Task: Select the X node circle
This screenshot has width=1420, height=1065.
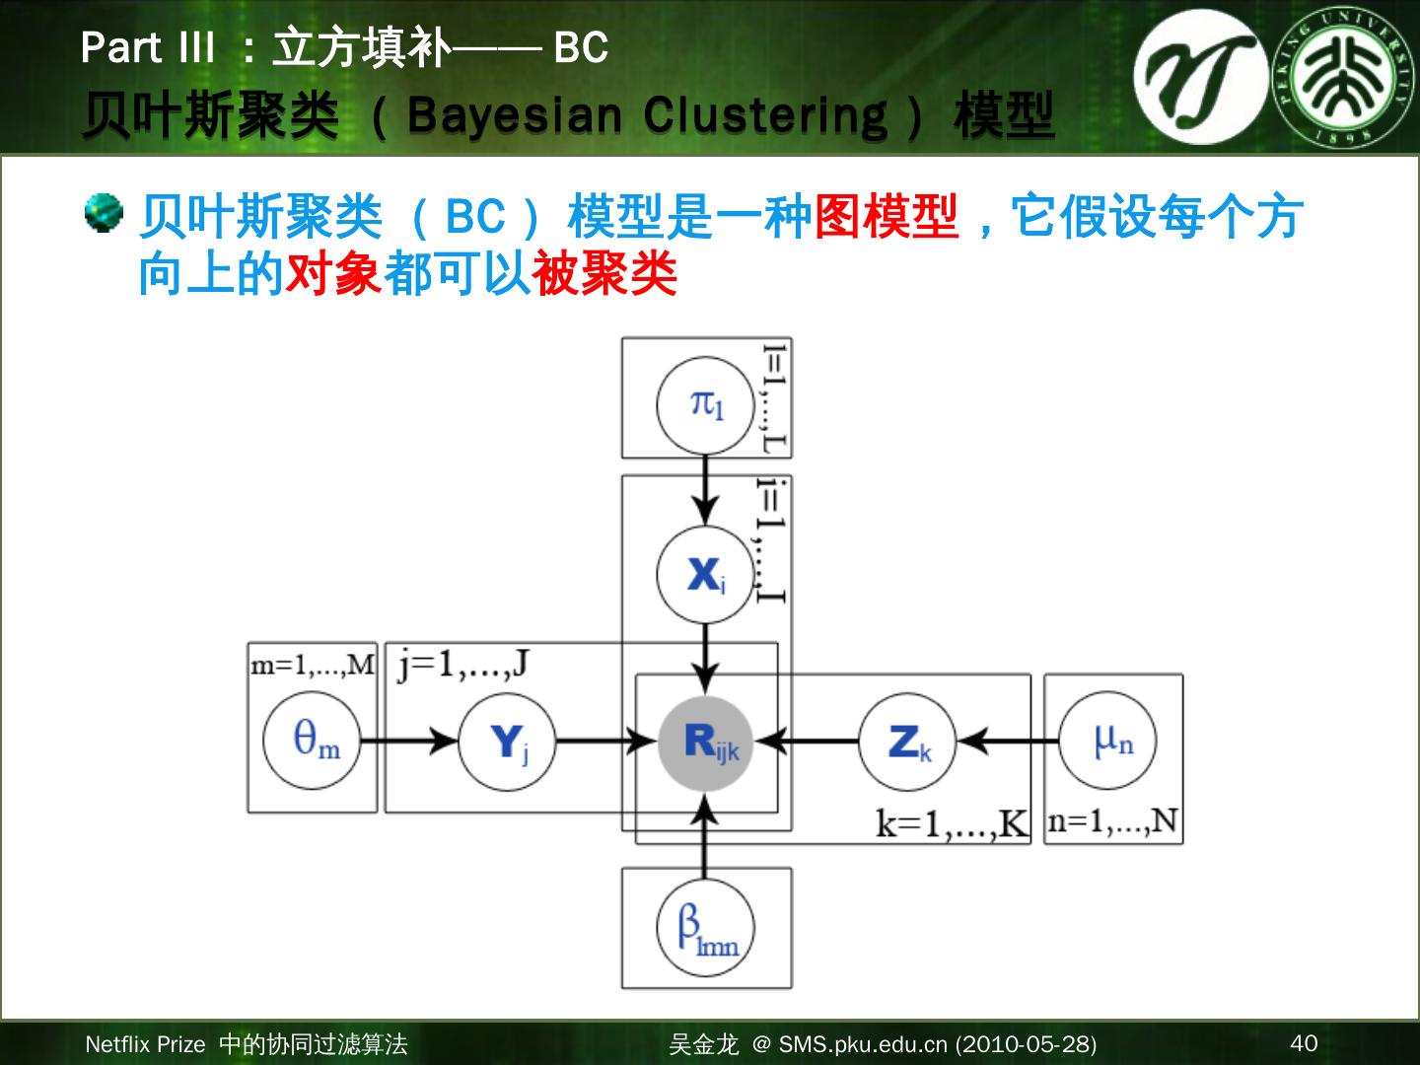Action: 705,574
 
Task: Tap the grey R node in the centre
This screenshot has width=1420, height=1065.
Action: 706,742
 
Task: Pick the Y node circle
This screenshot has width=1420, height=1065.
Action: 508,742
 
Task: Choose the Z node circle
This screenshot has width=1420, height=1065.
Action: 907,742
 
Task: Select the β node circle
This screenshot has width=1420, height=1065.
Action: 705,929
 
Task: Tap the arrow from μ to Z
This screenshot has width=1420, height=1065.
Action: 1008,741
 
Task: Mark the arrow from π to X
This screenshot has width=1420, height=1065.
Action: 705,490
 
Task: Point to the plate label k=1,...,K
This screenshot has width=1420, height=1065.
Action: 951,823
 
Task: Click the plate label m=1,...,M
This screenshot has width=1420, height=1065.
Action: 313,665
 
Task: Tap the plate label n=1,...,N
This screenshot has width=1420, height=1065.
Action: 1113,821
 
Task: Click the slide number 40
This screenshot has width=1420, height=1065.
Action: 1304,1043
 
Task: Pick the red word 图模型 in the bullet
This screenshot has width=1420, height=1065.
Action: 886,216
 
